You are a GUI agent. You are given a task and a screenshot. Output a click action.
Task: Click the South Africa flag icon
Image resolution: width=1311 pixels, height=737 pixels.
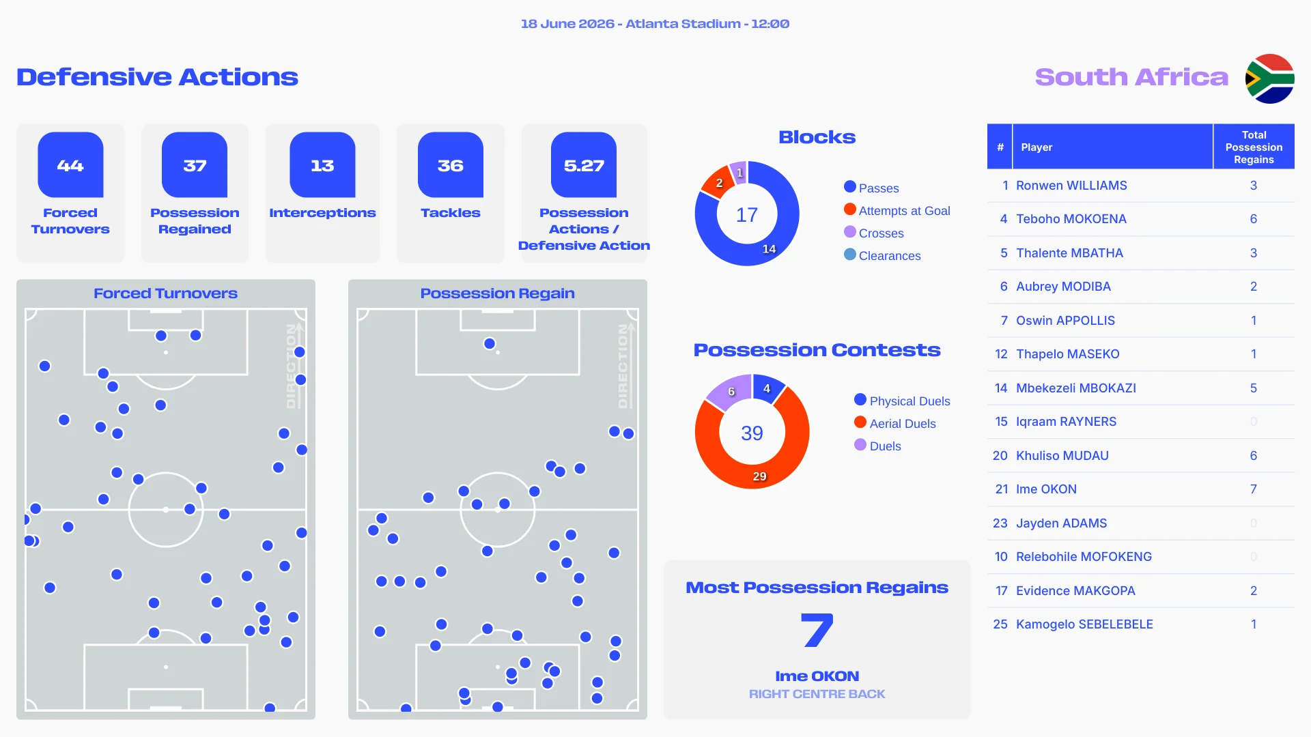point(1269,78)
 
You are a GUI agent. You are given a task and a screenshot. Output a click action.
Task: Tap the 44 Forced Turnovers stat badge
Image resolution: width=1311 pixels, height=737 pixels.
point(70,164)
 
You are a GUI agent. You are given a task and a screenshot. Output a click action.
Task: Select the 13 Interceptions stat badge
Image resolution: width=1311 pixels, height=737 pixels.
point(322,164)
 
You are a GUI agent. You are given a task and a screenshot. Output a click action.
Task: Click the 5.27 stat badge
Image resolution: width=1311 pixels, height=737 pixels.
point(584,164)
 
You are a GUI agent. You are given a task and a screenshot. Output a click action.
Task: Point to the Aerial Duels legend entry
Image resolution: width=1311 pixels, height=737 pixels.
point(895,423)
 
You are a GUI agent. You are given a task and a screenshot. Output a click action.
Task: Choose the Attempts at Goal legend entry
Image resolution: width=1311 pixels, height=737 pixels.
point(897,210)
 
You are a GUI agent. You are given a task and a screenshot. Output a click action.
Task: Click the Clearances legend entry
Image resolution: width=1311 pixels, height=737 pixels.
point(882,255)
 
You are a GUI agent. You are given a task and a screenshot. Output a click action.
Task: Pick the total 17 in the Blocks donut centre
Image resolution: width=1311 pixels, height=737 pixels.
point(747,215)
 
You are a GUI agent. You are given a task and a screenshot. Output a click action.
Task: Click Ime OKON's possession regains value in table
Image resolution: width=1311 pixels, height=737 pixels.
point(1254,489)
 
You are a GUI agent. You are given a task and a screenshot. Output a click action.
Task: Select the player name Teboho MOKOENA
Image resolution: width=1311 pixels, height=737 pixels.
point(1071,219)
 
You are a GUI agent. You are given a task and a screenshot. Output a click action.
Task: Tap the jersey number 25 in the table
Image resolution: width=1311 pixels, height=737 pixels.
point(1000,624)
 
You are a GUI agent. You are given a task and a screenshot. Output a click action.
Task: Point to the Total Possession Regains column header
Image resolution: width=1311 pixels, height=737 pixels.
point(1254,147)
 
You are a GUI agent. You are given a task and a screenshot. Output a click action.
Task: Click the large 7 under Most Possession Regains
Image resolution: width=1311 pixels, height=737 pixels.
point(817,630)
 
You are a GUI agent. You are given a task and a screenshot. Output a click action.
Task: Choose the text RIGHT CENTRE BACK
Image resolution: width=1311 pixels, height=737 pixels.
point(817,694)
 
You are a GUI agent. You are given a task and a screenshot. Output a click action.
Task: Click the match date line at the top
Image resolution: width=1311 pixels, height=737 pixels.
point(655,24)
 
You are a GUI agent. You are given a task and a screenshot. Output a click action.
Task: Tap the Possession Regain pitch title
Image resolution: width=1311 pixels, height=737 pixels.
point(498,293)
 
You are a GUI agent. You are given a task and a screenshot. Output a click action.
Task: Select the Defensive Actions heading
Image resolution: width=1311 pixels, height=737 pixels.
point(157,77)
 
